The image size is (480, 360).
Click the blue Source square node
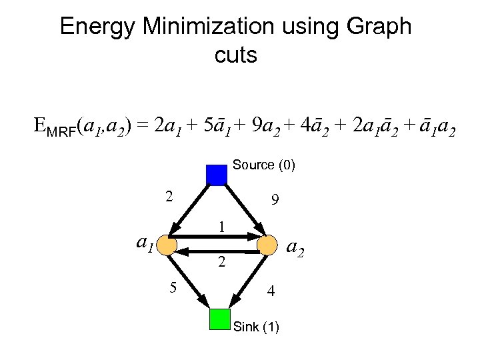coord(217,174)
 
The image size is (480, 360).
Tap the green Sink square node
coord(219,319)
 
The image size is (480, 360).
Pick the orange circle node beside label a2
coord(267,245)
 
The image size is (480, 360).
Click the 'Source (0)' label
coord(264,165)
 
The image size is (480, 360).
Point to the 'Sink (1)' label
coord(257,327)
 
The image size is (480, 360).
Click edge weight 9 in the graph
coord(275,200)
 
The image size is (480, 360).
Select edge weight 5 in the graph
coord(173,288)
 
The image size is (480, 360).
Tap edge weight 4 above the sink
coord(270,291)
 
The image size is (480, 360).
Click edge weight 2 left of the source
coord(169,197)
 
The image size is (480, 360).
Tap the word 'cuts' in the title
coord(235,55)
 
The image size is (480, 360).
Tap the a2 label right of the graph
coord(295,249)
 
